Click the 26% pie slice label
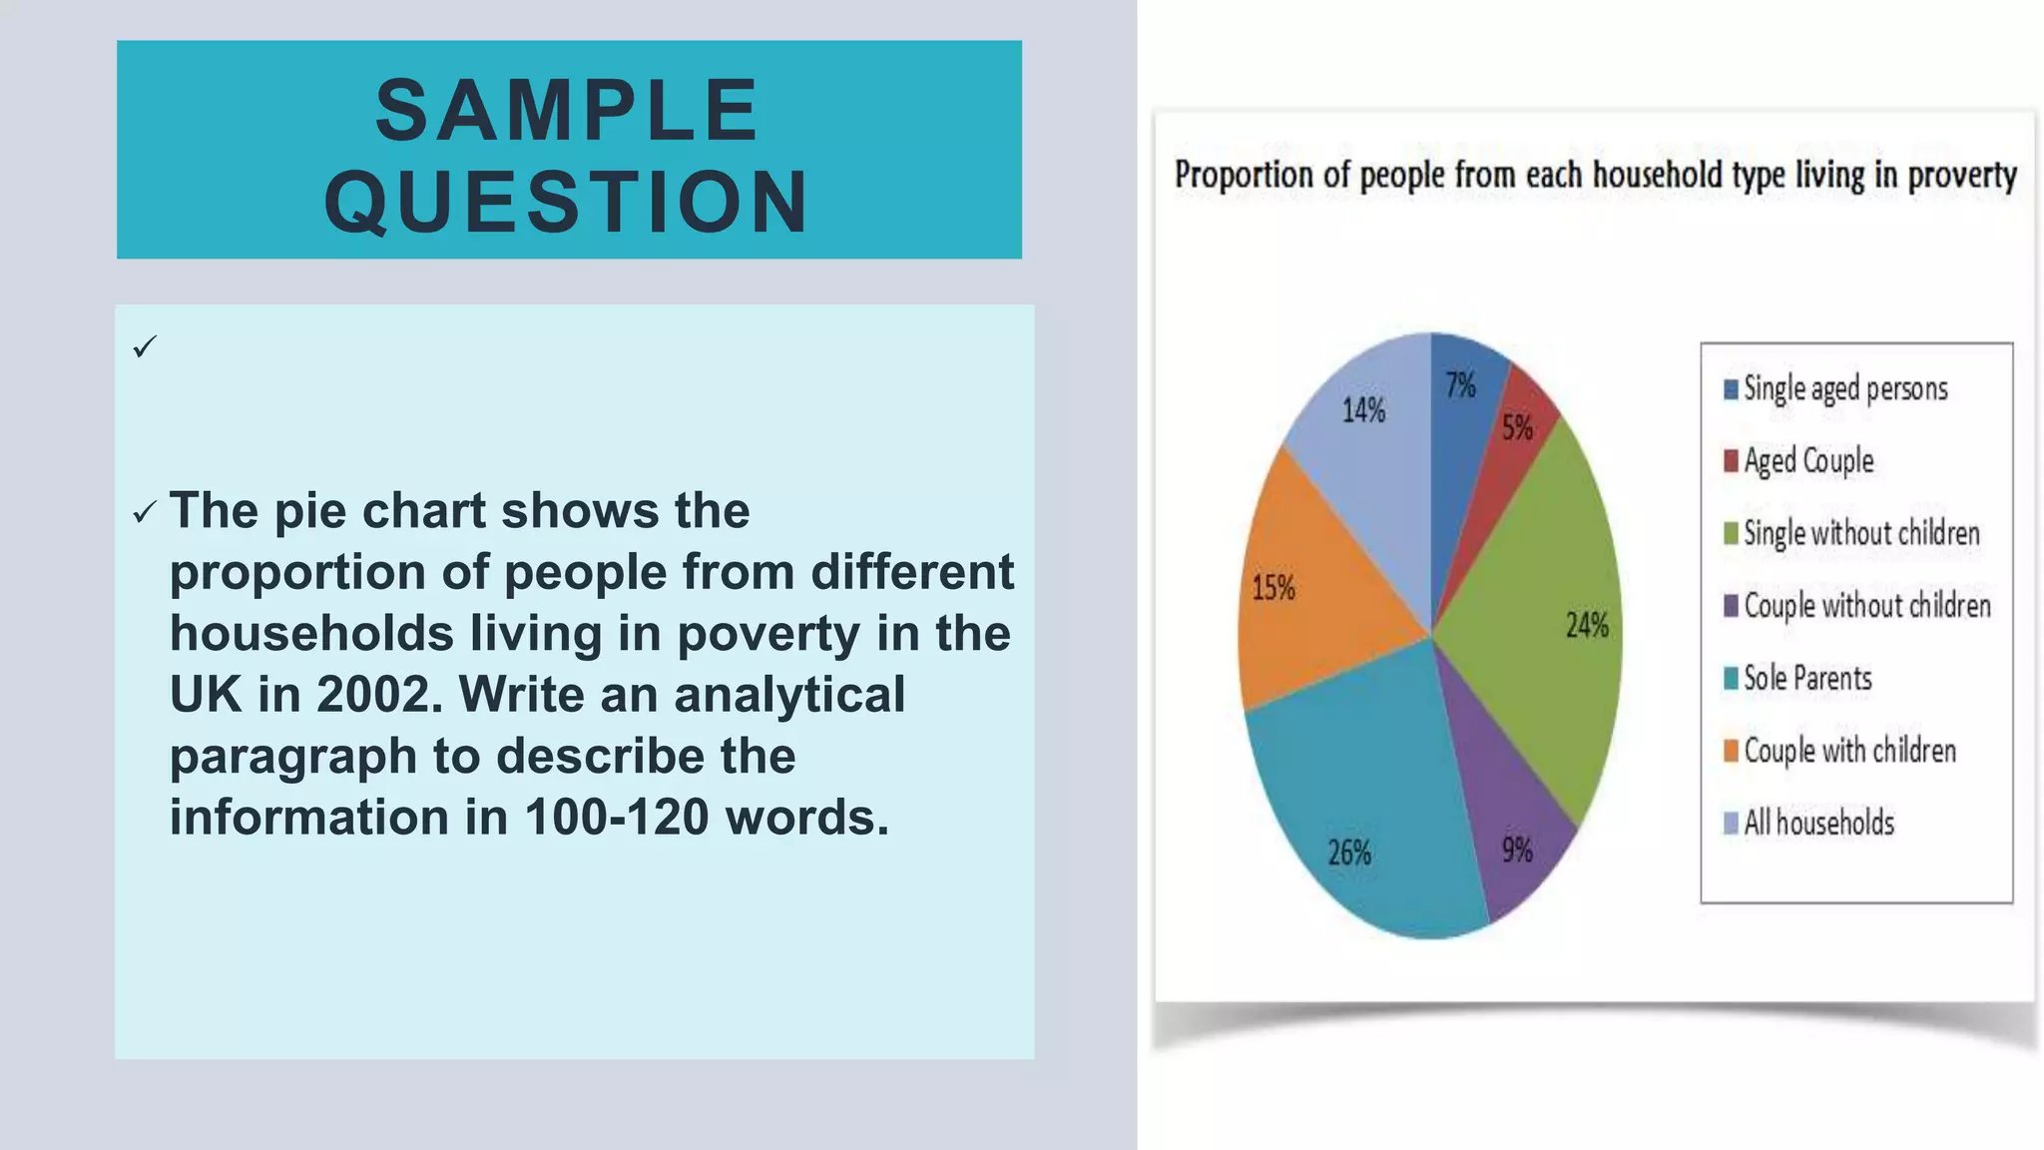pyautogui.click(x=1349, y=853)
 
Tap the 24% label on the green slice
pyautogui.click(x=1587, y=626)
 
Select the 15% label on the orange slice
pyautogui.click(x=1274, y=588)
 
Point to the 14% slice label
pyautogui.click(x=1363, y=409)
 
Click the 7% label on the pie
pyautogui.click(x=1461, y=385)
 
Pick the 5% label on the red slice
pyautogui.click(x=1517, y=428)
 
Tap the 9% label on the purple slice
pyautogui.click(x=1517, y=850)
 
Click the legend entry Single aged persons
pyautogui.click(x=1845, y=388)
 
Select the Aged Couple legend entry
pyautogui.click(x=1808, y=460)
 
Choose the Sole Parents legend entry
pyautogui.click(x=1807, y=678)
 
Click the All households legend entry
pyautogui.click(x=1818, y=823)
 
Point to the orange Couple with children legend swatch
pyautogui.click(x=1732, y=751)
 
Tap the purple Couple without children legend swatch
pyautogui.click(x=1732, y=606)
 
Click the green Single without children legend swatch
pyautogui.click(x=1732, y=533)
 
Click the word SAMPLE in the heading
pyautogui.click(x=568, y=110)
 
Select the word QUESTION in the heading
pyautogui.click(x=568, y=202)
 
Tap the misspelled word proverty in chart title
pyautogui.click(x=1962, y=176)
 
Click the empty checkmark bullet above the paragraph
pyautogui.click(x=145, y=347)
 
